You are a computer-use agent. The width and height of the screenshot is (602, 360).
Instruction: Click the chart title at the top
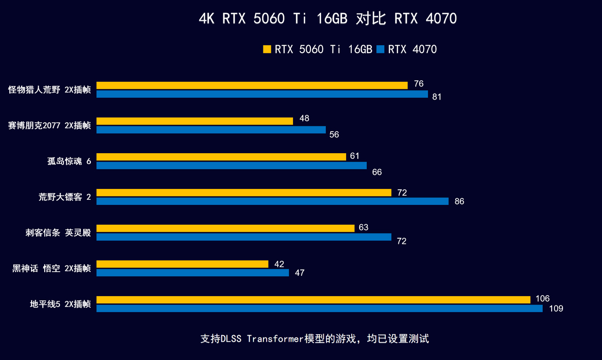328,19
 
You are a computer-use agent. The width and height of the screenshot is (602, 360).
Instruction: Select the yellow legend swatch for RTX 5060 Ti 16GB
267,49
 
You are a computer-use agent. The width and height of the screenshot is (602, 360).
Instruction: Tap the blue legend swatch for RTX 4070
380,49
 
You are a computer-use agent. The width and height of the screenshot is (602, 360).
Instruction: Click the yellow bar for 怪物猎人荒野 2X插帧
252,86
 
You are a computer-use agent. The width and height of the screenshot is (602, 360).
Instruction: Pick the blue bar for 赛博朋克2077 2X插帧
211,130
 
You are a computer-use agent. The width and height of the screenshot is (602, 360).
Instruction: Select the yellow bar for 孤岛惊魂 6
221,157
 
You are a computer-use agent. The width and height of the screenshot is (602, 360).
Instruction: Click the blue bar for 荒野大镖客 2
272,201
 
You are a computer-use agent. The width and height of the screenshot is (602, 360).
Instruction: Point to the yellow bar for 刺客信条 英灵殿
225,228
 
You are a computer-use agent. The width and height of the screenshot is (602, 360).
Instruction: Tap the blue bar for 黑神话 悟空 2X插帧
193,273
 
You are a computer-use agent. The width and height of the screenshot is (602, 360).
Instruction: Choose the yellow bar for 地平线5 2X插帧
313,299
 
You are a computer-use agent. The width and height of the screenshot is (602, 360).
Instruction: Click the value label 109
556,309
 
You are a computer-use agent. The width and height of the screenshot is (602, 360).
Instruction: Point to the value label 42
279,264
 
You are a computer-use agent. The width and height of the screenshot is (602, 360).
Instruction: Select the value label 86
459,202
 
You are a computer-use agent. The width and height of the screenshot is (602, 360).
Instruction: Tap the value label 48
304,118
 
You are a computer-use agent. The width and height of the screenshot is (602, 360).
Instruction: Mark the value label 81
437,97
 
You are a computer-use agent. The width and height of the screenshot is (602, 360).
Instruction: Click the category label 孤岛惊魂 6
69,161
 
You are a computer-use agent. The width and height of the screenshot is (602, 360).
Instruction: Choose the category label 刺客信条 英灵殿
58,233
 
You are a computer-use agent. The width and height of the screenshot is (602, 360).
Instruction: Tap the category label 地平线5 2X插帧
60,304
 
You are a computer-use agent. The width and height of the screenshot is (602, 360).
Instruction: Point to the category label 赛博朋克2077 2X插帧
49,125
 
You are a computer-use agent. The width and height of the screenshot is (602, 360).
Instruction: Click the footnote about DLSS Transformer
315,339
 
